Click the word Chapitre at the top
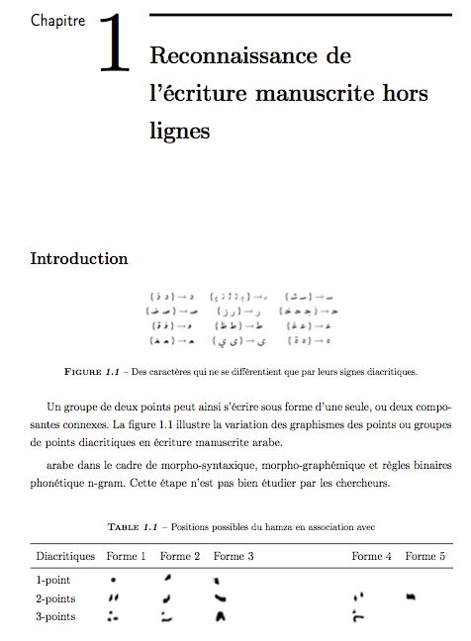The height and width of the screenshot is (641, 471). pos(57,20)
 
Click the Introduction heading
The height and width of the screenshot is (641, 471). pos(79,259)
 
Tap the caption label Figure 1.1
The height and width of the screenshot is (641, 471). pos(92,372)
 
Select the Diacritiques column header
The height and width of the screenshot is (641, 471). pos(65,557)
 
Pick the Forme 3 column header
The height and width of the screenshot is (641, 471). pos(234,557)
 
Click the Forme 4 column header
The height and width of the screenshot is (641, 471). pos(372,557)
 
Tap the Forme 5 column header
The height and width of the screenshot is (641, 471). pos(424,557)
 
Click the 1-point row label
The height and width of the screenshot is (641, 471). pos(53,580)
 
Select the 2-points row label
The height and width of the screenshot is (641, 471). pos(56,598)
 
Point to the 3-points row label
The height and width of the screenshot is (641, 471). pos(56,616)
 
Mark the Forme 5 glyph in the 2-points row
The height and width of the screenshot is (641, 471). pos(409,596)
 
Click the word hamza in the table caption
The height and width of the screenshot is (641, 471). pos(302,525)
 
